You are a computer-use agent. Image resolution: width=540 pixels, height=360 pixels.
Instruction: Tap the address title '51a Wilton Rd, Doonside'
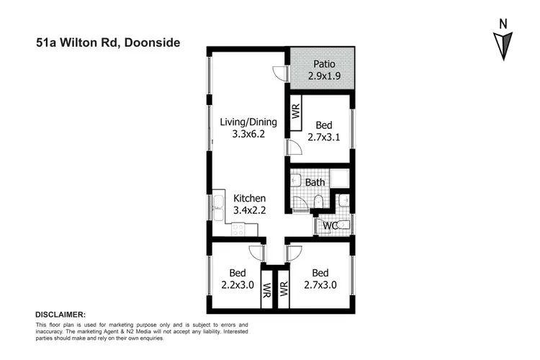coord(108,42)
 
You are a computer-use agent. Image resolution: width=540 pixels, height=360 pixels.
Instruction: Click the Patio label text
coord(323,63)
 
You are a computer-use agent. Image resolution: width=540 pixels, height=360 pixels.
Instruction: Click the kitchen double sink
coord(218,209)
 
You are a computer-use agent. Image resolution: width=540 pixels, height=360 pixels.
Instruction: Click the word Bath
coord(315,182)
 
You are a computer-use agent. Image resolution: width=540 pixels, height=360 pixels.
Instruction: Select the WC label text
coord(330,226)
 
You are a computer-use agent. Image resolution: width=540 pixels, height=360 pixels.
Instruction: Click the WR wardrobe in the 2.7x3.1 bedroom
coord(295,112)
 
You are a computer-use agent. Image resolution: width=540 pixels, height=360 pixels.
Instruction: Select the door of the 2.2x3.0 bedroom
coord(256,253)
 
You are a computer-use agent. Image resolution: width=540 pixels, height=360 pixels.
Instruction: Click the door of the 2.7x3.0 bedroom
coord(292,253)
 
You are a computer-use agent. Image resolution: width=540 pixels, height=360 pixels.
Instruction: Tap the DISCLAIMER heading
coord(60,315)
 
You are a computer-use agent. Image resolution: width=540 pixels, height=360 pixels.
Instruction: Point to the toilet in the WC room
coord(343,225)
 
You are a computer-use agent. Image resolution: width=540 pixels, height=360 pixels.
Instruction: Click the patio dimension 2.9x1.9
coord(323,76)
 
